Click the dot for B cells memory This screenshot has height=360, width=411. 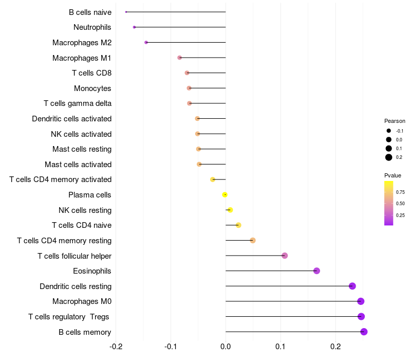[364, 332]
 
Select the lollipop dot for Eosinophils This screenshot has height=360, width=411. [316, 271]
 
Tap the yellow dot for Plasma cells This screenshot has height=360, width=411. [225, 194]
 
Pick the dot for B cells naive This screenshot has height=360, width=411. [126, 12]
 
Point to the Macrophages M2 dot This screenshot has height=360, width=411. [146, 42]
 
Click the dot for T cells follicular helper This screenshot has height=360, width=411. [285, 256]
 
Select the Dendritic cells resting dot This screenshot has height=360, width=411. [352, 286]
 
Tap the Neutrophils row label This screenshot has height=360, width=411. [92, 27]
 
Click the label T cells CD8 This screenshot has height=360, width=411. [92, 73]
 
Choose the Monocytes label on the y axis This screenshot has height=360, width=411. [92, 88]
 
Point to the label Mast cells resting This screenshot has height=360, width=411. [82, 149]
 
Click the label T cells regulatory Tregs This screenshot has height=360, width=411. [69, 317]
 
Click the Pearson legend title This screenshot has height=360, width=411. [395, 121]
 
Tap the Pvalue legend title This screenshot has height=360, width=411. [393, 175]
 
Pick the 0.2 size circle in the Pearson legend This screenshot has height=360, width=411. [389, 157]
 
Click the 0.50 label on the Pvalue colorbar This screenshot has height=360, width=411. [400, 204]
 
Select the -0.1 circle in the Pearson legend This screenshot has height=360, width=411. [389, 131]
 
